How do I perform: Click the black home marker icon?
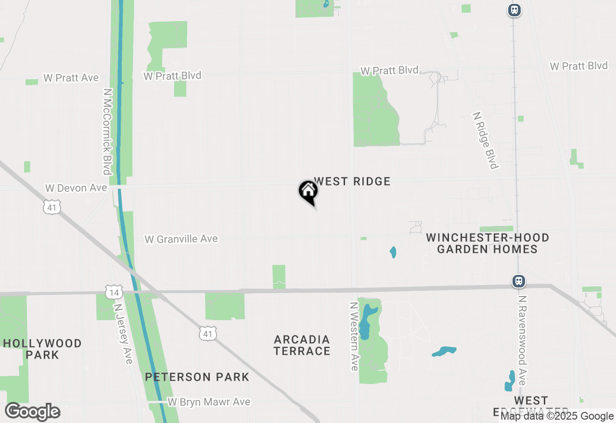coord(308,191)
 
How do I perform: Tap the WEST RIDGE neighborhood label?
coord(352,181)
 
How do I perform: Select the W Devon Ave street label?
coord(76,188)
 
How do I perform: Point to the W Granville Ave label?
coord(181,239)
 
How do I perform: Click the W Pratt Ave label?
coord(71,78)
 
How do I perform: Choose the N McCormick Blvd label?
coord(107,132)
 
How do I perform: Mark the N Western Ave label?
coord(355,336)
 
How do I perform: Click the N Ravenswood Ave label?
coord(522,340)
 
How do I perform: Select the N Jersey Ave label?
coord(123,333)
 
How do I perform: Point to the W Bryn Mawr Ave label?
coord(209,402)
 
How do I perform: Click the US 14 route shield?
coord(114,291)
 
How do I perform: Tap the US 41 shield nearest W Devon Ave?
coord(51,207)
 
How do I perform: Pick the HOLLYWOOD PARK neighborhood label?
coord(42,349)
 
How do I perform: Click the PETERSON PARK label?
coord(197,377)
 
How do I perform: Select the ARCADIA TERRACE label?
coord(302,345)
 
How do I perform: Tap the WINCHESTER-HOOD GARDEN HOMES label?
coord(488,243)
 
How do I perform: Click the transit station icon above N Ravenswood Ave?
coord(518,281)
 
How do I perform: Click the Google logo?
coord(33,412)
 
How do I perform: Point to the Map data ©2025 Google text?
coord(557,416)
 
